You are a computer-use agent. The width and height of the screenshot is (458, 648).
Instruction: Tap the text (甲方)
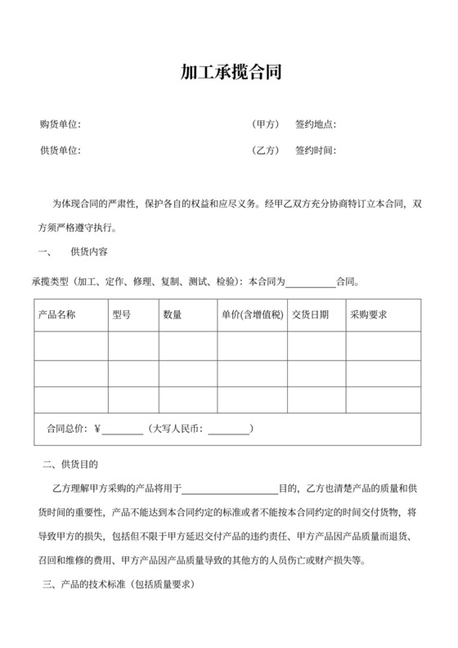click(x=266, y=124)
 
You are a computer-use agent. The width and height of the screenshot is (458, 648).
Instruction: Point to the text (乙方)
click(x=266, y=151)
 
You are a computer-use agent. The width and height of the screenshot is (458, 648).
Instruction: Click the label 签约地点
click(x=316, y=124)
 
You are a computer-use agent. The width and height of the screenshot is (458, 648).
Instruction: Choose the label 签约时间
click(x=316, y=151)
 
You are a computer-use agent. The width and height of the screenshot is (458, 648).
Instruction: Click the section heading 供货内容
click(x=90, y=251)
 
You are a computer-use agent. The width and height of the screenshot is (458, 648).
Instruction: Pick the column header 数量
click(x=173, y=315)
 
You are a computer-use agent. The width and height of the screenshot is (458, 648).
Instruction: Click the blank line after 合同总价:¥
click(x=123, y=430)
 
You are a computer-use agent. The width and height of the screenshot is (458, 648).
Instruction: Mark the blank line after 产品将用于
click(x=230, y=490)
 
